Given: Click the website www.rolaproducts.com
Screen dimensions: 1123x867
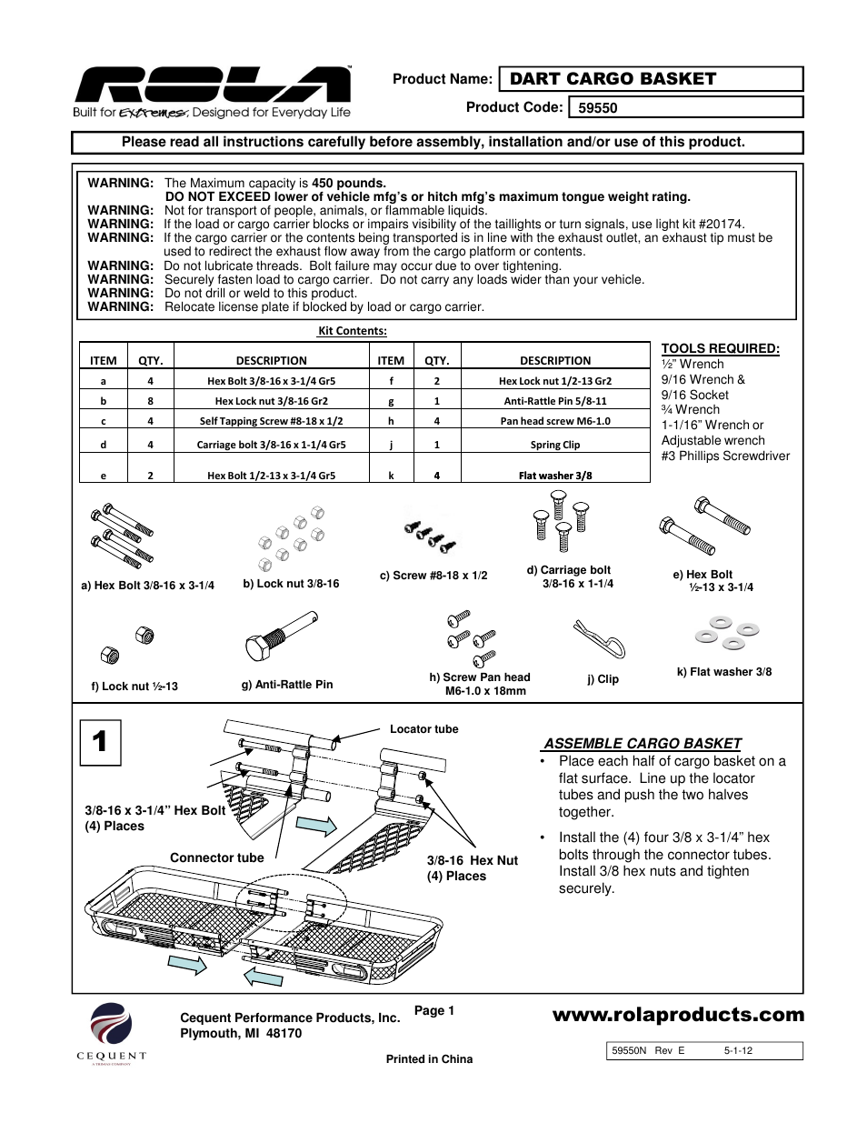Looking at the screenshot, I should [x=678, y=1015].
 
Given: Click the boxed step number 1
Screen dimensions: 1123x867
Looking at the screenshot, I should [x=99, y=741].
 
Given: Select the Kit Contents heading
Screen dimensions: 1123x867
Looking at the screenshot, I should [x=352, y=331].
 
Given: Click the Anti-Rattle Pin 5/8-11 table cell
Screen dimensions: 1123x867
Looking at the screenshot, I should [x=555, y=401].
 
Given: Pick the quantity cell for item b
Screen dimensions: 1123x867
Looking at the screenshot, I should [x=150, y=401].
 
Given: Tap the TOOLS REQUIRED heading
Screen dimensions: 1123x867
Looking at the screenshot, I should [x=720, y=348].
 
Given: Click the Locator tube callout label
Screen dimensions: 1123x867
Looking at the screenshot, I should [x=424, y=729].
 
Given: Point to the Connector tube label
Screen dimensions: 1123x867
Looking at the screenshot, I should [x=216, y=857].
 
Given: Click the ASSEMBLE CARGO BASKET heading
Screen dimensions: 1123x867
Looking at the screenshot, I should [x=642, y=743].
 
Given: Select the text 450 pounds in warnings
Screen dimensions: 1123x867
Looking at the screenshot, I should [x=348, y=183].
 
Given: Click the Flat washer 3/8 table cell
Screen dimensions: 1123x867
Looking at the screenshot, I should [x=555, y=476].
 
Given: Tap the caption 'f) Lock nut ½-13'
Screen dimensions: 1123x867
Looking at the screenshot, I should [x=135, y=687].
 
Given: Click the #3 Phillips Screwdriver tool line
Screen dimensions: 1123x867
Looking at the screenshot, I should [x=725, y=456].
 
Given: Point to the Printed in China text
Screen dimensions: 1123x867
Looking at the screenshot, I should [x=429, y=1059].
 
